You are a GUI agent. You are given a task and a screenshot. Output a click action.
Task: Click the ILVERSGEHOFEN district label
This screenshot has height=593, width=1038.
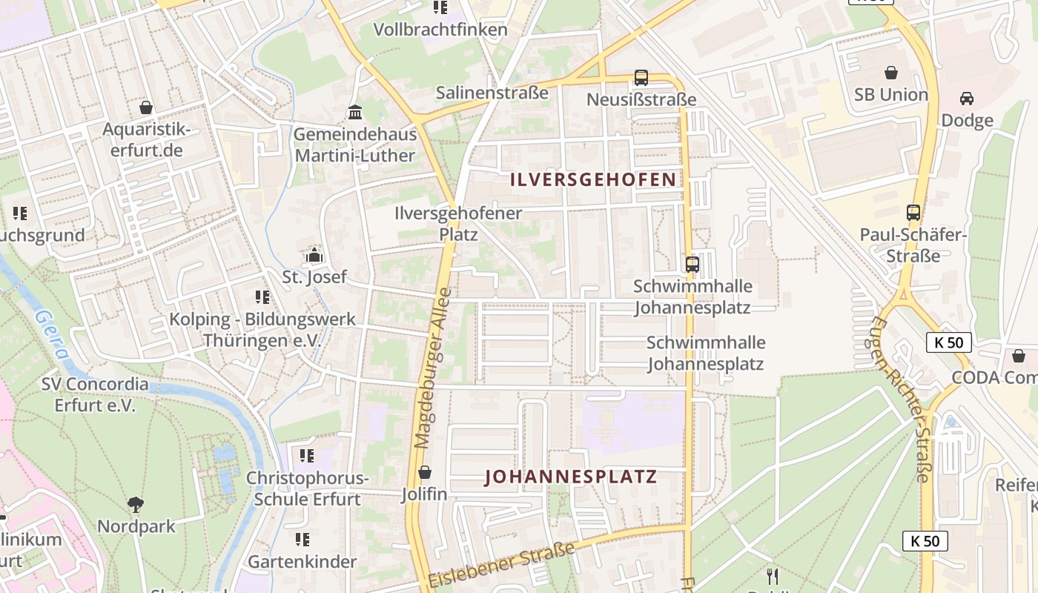point(593,179)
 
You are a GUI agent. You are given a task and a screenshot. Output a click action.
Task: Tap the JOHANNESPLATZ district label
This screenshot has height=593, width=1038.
point(571,476)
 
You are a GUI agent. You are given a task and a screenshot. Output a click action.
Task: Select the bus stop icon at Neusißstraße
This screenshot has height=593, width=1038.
point(641,77)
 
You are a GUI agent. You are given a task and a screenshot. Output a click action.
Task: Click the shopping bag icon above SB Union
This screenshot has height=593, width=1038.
point(890,73)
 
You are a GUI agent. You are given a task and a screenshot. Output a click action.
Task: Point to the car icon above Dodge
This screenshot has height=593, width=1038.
point(967,99)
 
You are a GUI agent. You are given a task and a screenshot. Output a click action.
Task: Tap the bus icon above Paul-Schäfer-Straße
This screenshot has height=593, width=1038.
point(913,213)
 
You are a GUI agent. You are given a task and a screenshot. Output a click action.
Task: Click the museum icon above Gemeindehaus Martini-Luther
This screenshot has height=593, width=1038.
point(355,113)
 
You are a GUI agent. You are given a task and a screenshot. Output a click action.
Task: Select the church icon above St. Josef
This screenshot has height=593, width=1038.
point(314,256)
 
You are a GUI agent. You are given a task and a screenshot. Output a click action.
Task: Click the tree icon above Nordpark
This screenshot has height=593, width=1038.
point(136,505)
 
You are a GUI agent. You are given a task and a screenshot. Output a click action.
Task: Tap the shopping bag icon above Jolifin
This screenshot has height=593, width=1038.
point(425,472)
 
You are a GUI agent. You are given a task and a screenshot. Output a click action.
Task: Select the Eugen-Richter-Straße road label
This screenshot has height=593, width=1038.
point(901,400)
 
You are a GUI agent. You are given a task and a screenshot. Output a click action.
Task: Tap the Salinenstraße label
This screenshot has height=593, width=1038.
point(492,93)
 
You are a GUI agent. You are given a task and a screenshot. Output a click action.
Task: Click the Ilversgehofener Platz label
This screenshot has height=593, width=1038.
point(458,223)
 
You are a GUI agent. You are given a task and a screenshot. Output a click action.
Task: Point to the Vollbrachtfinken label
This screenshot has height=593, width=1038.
point(440,30)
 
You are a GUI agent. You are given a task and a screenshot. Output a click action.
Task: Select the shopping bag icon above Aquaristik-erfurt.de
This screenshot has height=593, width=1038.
point(146,107)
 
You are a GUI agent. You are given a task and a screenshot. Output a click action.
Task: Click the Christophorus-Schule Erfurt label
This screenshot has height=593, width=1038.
point(307,488)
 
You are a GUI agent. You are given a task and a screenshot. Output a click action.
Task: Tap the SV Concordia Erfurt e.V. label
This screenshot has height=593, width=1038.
point(95,395)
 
